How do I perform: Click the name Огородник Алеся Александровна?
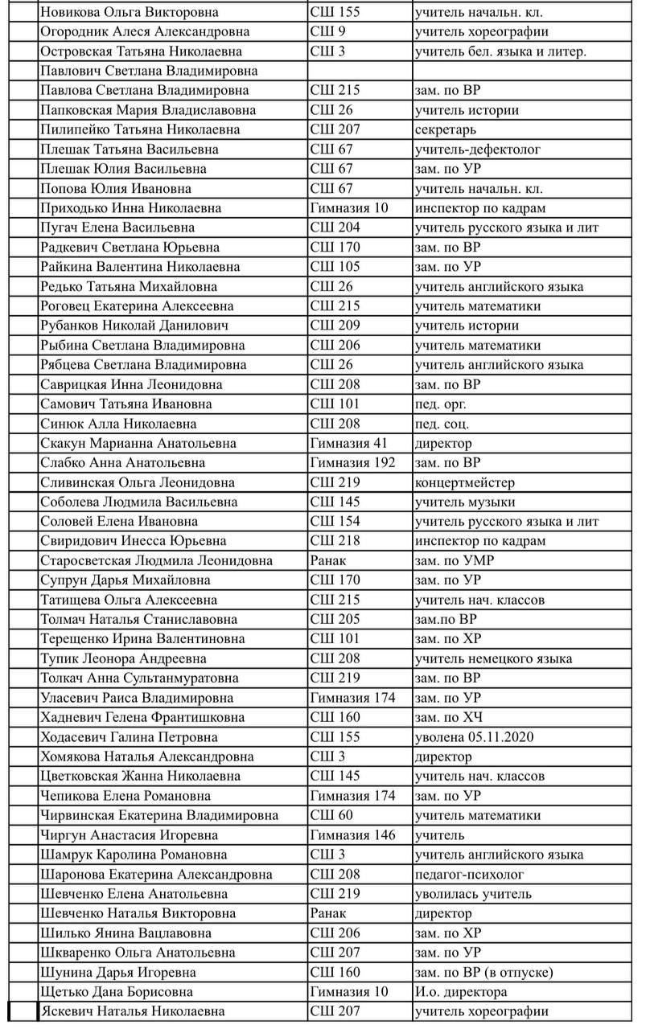(145, 32)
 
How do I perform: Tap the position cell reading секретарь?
(446, 129)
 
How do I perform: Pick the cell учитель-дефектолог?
(477, 150)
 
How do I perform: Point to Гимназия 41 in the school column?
(349, 443)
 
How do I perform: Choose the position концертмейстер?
(464, 482)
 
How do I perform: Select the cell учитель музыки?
(464, 502)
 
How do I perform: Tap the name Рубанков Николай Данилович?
(134, 326)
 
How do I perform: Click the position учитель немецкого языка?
(493, 659)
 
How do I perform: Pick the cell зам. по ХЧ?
(448, 717)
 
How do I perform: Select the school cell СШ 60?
(331, 815)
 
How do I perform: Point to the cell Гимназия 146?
(352, 835)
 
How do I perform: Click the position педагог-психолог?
(469, 874)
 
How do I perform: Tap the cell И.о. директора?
(460, 991)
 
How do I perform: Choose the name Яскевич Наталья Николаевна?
(133, 1011)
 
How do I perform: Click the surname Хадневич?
(76, 717)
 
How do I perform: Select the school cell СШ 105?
(335, 267)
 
